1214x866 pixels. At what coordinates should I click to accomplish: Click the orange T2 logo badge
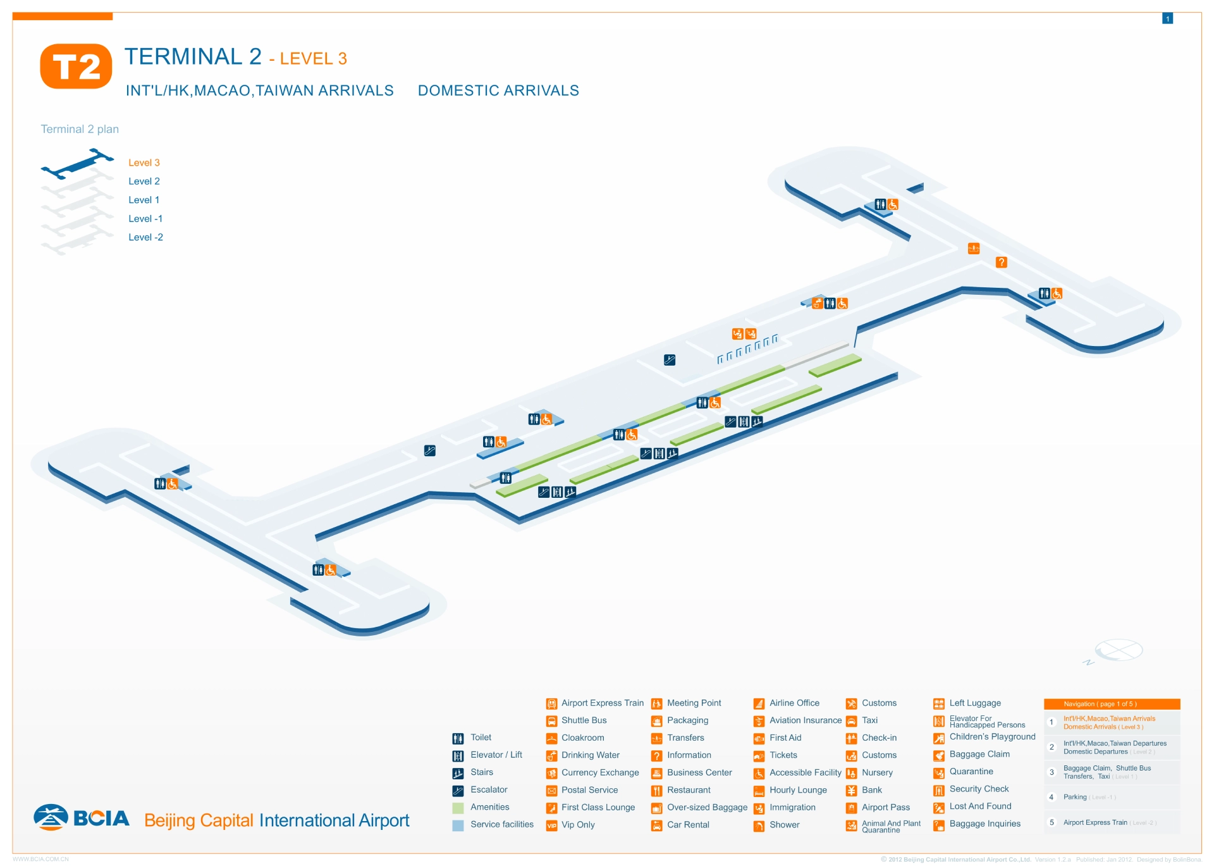pos(76,66)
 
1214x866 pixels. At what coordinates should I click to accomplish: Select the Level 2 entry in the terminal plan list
pos(144,182)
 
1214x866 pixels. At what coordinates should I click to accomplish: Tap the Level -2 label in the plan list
pos(145,238)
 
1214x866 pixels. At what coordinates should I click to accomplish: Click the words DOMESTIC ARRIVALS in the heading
pos(498,90)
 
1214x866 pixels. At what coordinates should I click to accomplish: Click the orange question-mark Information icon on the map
pos(1001,263)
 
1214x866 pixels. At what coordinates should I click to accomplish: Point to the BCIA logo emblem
pos(51,817)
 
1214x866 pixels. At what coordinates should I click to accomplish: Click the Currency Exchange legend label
pos(599,772)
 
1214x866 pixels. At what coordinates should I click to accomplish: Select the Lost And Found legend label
pos(980,806)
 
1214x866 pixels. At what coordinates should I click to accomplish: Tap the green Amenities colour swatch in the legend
pos(458,808)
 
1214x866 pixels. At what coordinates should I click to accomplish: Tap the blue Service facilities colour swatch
pos(458,825)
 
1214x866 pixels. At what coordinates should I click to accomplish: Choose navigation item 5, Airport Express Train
pos(1094,822)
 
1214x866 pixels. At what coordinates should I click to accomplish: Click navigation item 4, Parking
pos(1074,797)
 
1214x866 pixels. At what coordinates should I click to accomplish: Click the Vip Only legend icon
pos(551,826)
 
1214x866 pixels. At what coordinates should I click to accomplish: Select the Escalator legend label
pos(488,789)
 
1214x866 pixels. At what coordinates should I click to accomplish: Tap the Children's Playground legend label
pos(992,737)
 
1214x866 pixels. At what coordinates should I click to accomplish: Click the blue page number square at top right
pos(1167,19)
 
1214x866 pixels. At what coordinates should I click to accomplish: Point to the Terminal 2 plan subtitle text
pos(80,129)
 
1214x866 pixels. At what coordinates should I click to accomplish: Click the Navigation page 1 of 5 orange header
pos(1111,704)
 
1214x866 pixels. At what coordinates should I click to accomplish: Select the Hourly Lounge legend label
pos(798,790)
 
